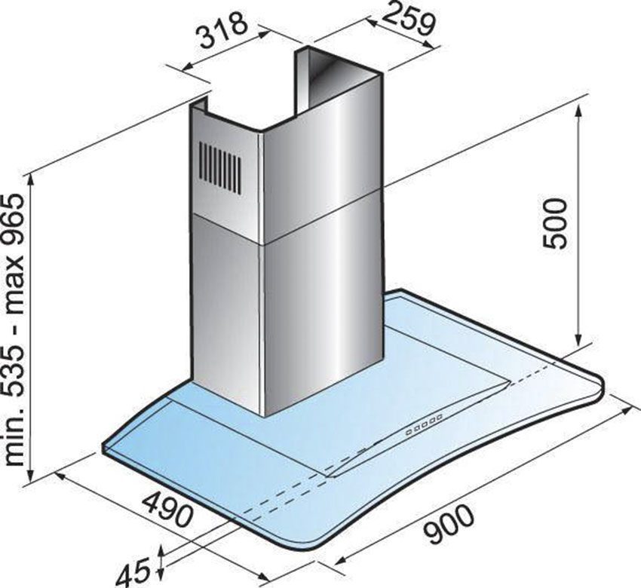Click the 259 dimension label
409,20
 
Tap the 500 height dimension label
555,223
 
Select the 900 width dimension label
449,524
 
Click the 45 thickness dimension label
133,571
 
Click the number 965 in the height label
16,224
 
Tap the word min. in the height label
16,440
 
